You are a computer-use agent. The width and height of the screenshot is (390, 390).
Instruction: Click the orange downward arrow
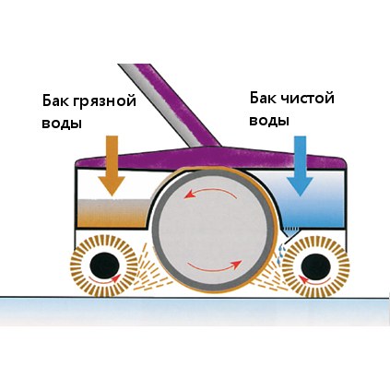click(112, 165)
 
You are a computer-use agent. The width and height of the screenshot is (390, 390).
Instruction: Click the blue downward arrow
click(300, 166)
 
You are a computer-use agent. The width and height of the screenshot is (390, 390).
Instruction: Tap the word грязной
click(104, 101)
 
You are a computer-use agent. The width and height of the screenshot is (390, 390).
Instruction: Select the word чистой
click(307, 99)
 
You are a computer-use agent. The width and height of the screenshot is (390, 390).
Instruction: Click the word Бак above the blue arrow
click(263, 98)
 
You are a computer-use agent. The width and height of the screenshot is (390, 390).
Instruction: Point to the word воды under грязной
click(62, 124)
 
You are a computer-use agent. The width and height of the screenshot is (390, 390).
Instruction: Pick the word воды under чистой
click(269, 121)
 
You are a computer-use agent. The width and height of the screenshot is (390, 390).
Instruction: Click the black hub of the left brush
click(104, 265)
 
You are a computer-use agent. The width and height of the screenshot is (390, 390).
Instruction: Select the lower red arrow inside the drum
click(215, 266)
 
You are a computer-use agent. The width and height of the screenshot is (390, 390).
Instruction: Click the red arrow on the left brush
click(104, 278)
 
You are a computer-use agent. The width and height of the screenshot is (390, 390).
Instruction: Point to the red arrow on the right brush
click(315, 279)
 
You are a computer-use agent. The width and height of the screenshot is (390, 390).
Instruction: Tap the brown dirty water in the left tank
click(112, 213)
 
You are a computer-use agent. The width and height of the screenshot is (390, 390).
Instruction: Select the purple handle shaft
click(173, 105)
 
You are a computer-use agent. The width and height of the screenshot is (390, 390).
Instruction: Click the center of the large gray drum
click(214, 230)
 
